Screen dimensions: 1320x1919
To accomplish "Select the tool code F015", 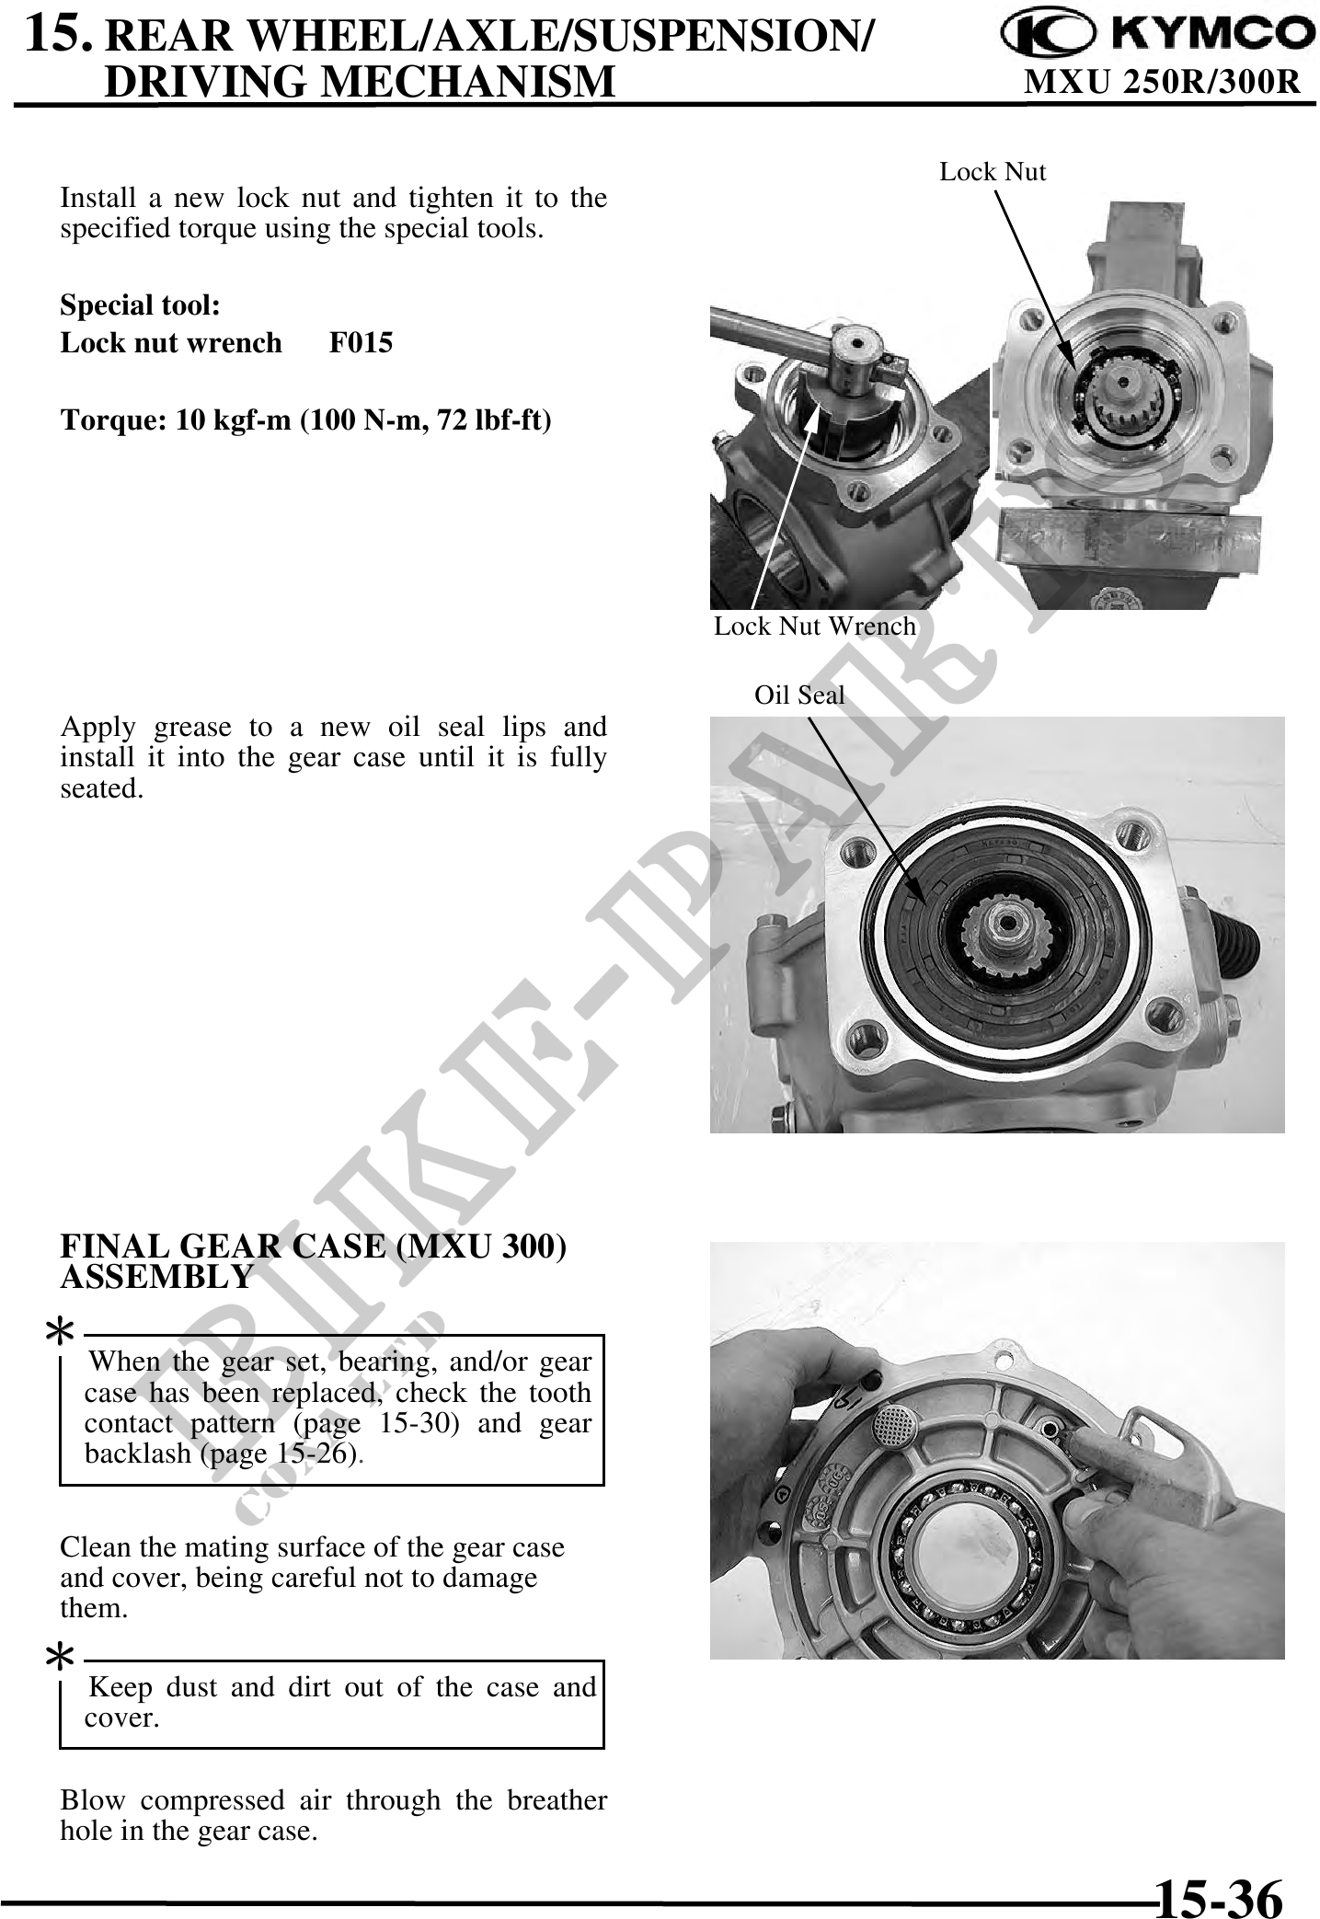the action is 361,343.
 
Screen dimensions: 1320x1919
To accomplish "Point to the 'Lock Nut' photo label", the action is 993,172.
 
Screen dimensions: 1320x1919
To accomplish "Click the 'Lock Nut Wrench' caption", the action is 815,626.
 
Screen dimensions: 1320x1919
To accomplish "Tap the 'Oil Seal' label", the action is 799,695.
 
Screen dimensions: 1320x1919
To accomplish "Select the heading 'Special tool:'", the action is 140,305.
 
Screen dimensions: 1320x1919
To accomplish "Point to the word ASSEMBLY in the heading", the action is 156,1277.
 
